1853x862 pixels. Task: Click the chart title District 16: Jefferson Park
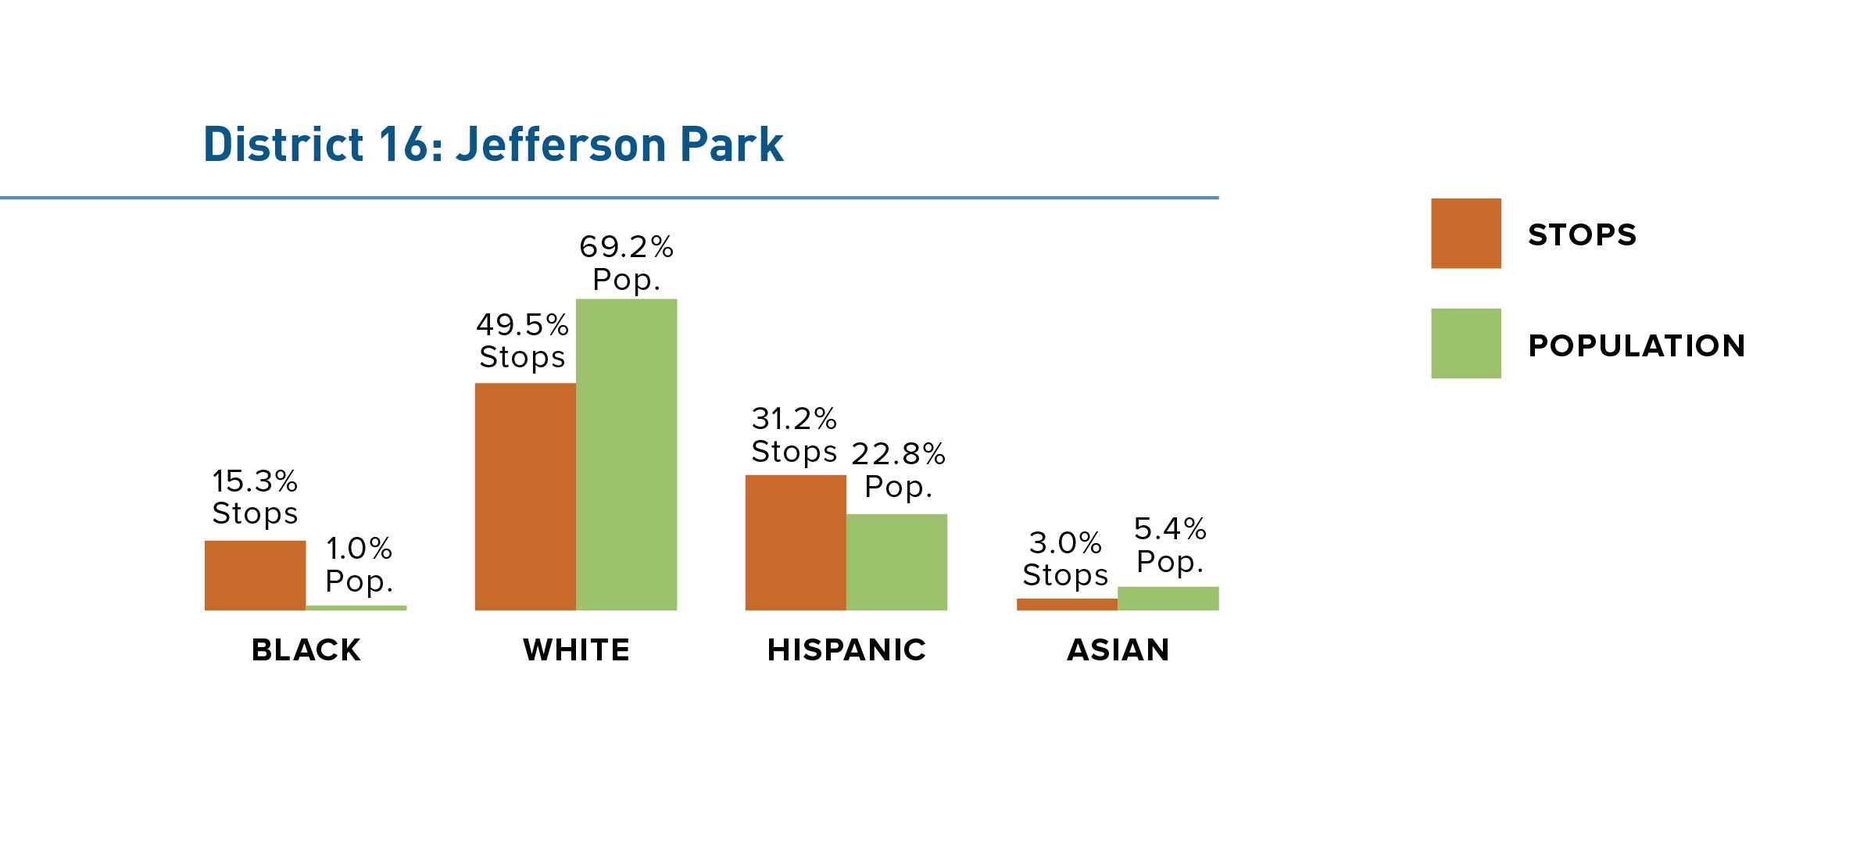(493, 145)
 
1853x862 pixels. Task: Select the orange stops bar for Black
(255, 575)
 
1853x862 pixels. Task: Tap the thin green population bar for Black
(356, 608)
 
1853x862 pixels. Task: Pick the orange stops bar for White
(525, 496)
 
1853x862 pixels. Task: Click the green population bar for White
(627, 454)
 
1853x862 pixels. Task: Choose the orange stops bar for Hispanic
(796, 542)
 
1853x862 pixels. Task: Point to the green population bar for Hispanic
(896, 562)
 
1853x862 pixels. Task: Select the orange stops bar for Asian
(1067, 604)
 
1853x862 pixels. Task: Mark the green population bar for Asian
(1168, 599)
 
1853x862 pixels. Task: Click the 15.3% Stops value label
(255, 497)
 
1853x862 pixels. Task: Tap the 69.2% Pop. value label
(627, 263)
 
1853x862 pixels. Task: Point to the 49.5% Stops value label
(522, 341)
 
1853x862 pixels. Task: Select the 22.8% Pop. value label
(898, 470)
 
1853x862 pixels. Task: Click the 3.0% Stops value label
(1066, 558)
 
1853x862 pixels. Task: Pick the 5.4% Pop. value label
(1170, 545)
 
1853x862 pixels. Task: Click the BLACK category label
(306, 650)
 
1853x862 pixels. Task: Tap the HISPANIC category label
(846, 650)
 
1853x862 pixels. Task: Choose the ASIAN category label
(1118, 650)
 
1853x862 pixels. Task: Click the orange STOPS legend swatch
(1466, 234)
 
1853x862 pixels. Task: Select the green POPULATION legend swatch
(1466, 344)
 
